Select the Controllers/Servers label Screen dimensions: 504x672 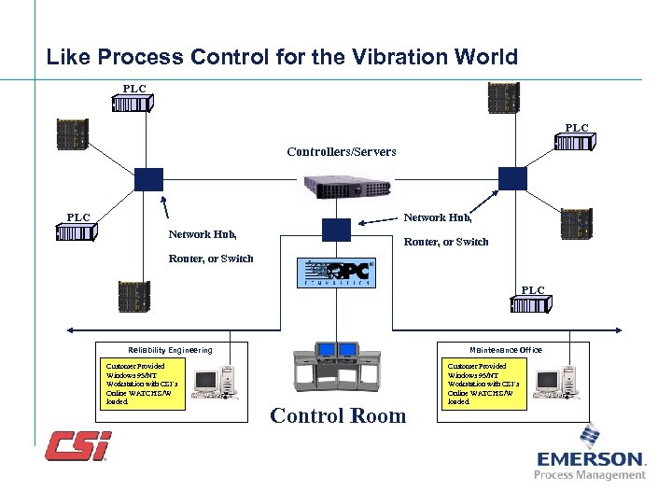point(341,150)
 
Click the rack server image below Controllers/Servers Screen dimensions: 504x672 point(341,187)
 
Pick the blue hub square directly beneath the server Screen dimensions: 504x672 point(335,230)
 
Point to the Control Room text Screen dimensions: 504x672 point(338,416)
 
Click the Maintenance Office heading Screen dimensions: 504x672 point(507,349)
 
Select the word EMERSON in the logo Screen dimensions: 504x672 point(591,459)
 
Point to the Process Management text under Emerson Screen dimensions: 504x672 point(590,475)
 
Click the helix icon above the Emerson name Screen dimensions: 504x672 point(590,436)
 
